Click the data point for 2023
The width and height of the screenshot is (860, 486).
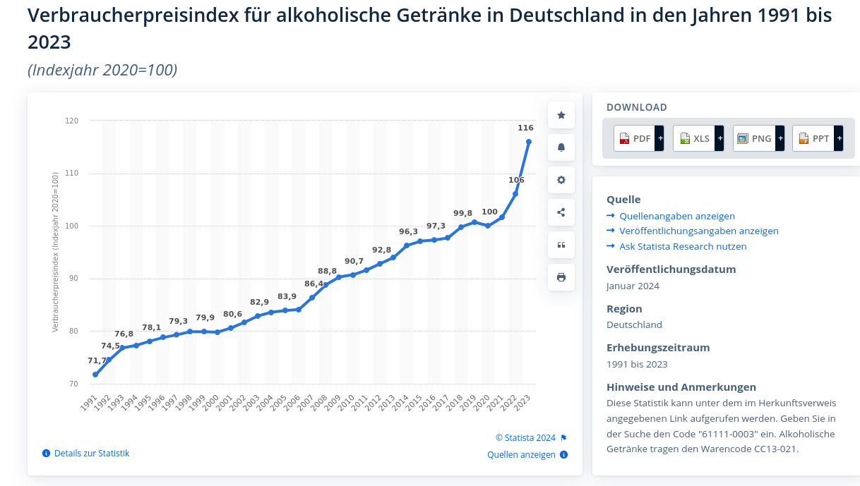(x=529, y=142)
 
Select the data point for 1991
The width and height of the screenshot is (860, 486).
(x=95, y=375)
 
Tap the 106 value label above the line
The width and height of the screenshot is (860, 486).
(x=516, y=180)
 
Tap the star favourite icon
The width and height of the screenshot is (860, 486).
(x=561, y=115)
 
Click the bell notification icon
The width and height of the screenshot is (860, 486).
(x=561, y=147)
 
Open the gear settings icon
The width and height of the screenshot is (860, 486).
(x=561, y=180)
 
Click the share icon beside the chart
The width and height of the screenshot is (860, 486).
(x=561, y=212)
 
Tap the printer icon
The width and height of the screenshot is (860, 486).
(x=561, y=277)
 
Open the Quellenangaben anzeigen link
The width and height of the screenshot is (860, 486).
(x=676, y=216)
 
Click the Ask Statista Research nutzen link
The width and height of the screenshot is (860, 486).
(x=682, y=246)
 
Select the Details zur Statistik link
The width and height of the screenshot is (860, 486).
(x=91, y=453)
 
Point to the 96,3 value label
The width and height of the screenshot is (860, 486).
(x=408, y=231)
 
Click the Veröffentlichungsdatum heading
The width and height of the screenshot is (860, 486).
(x=671, y=269)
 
